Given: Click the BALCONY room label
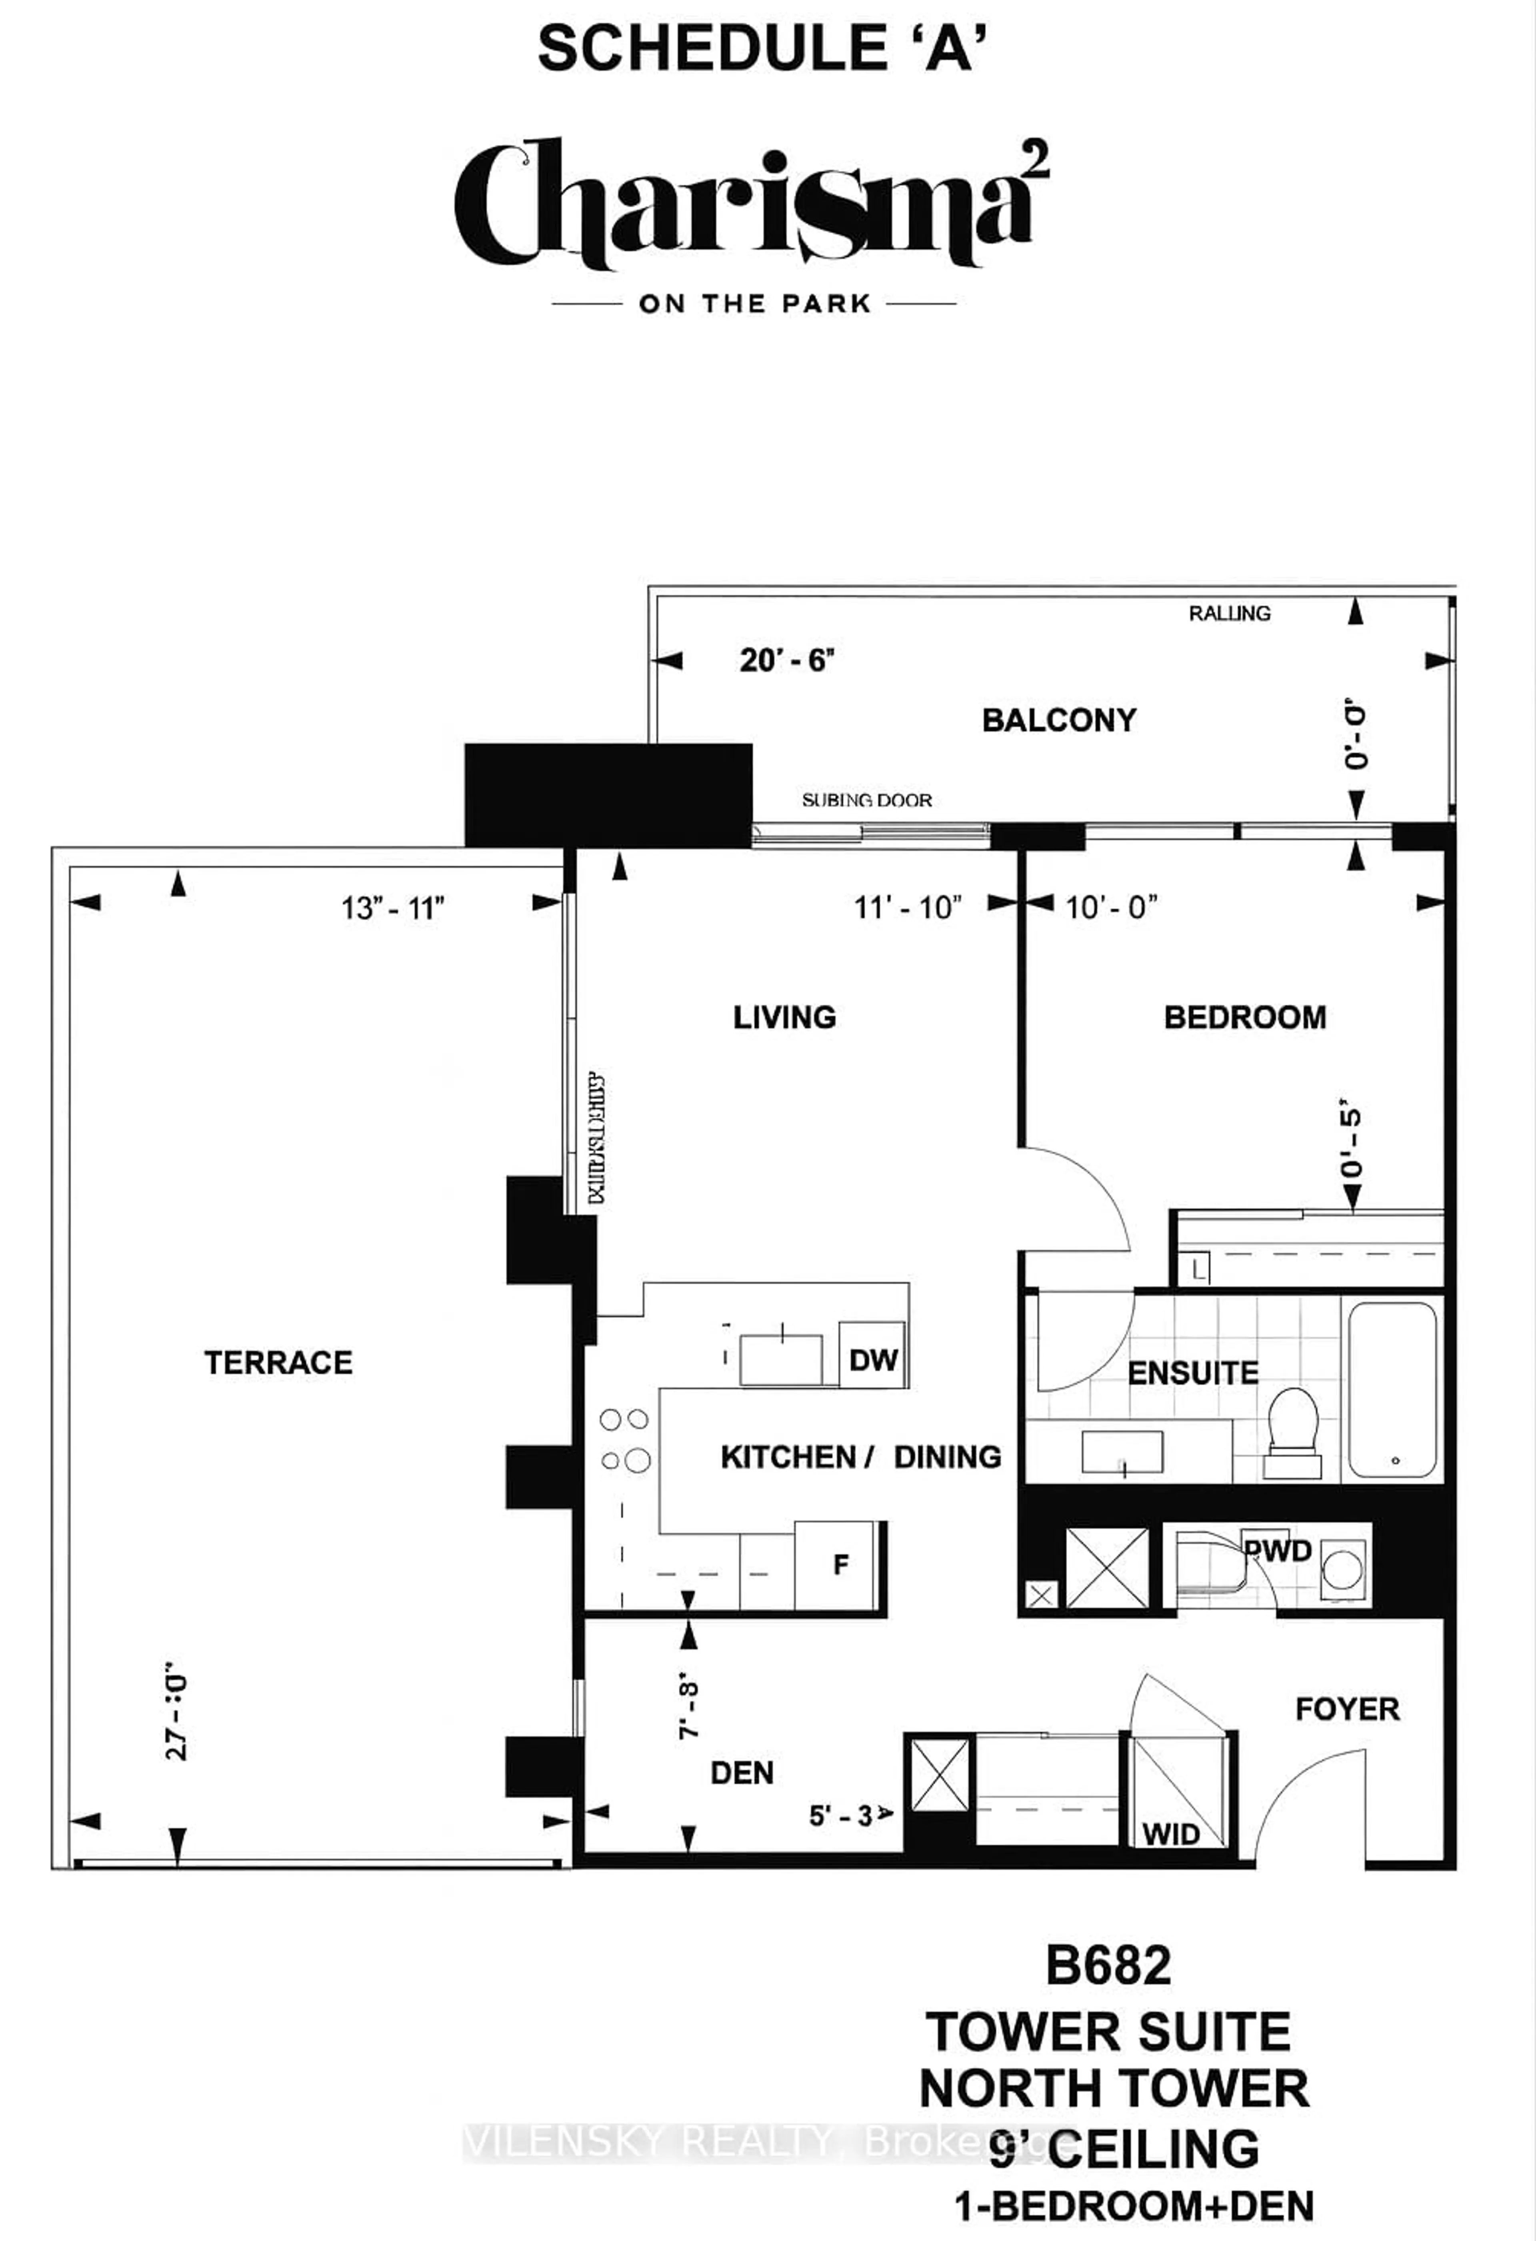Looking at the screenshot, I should point(1059,720).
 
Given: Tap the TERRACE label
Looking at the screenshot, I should point(279,1363).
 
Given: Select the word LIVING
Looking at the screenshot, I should point(784,1018).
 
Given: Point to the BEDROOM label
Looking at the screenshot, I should point(1245,1018).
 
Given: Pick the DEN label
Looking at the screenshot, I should point(742,1772).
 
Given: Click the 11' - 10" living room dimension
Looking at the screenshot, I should point(907,908).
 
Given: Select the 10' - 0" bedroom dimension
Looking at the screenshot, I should point(1111,908).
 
